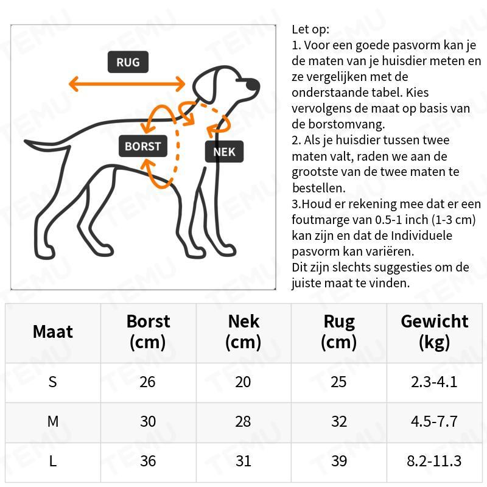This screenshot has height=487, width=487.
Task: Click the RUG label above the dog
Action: pyautogui.click(x=128, y=62)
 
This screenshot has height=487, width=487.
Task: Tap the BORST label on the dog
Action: pyautogui.click(x=143, y=146)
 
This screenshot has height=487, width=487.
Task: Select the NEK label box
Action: pyautogui.click(x=224, y=152)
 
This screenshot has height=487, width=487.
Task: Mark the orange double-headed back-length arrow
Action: pyautogui.click(x=127, y=84)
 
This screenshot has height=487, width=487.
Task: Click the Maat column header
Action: pyautogui.click(x=53, y=332)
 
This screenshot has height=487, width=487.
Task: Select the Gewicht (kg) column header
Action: pyautogui.click(x=435, y=332)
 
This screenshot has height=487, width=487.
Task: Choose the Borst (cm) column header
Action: pyautogui.click(x=148, y=332)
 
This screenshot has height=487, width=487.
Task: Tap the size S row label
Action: pyautogui.click(x=53, y=382)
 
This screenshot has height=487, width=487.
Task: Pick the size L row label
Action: pyautogui.click(x=53, y=461)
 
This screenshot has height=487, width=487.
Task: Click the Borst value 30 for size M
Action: pyautogui.click(x=148, y=421)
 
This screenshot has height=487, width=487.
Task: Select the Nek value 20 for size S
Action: pyautogui.click(x=243, y=382)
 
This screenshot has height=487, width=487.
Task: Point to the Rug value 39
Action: pyautogui.click(x=338, y=461)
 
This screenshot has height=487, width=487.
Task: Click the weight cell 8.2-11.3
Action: pyautogui.click(x=435, y=461)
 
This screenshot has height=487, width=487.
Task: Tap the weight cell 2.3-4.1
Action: pyautogui.click(x=435, y=382)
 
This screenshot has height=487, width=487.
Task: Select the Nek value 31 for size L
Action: pyautogui.click(x=243, y=461)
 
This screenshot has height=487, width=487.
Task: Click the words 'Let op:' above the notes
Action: pyautogui.click(x=310, y=29)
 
